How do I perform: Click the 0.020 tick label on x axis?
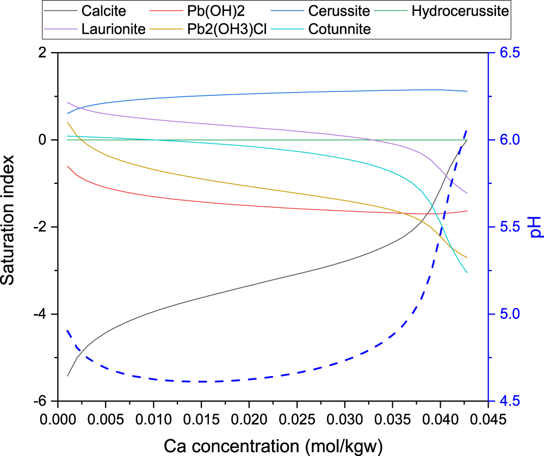[x=249, y=420]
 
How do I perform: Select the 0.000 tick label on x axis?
[x=58, y=420]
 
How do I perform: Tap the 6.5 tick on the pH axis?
[x=510, y=53]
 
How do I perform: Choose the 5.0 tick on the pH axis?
[x=510, y=315]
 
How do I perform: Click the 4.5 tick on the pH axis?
[x=510, y=402]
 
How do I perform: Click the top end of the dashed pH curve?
[x=467, y=130]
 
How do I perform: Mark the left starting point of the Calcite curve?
[x=67, y=376]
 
